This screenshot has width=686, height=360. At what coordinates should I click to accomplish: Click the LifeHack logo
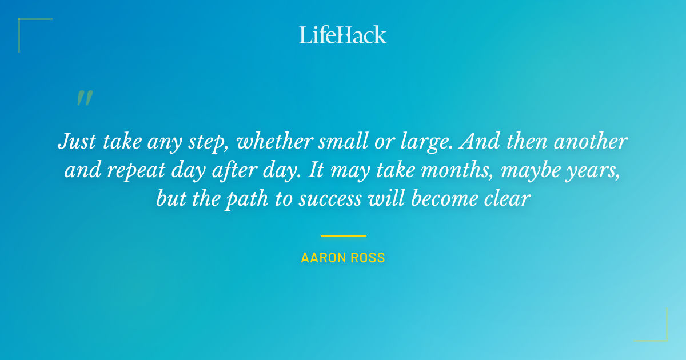[x=343, y=35]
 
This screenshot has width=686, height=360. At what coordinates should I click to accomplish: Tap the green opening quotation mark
[x=84, y=98]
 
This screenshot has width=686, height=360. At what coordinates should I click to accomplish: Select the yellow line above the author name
[x=343, y=235]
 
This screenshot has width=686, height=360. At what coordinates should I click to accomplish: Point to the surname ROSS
[x=370, y=258]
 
